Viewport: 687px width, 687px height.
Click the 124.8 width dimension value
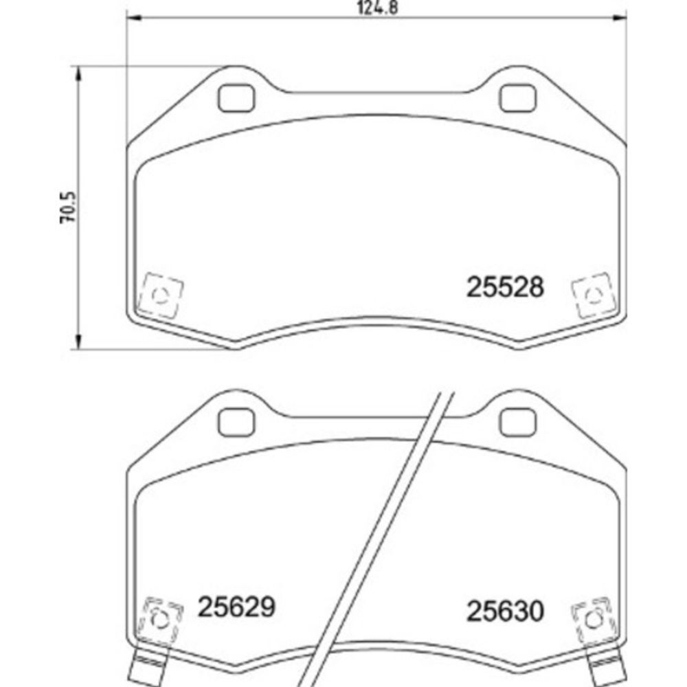[378, 8]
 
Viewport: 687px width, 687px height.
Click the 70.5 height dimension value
[68, 207]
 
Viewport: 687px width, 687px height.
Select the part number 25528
[505, 287]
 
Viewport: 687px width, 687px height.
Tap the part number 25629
[236, 607]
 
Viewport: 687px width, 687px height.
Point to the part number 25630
[505, 611]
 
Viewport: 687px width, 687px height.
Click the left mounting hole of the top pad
[236, 98]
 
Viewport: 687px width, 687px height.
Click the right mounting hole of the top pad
[517, 98]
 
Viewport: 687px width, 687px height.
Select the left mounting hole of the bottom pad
[236, 423]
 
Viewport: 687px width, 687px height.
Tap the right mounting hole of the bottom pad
[517, 423]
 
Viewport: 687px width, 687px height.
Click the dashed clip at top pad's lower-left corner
[160, 295]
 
